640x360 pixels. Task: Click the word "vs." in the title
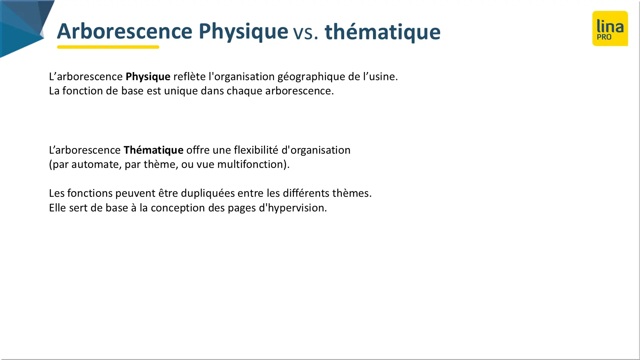(x=306, y=32)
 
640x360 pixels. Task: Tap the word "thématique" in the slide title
(x=382, y=32)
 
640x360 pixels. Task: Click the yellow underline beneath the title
(x=108, y=47)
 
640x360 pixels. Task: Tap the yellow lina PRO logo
(x=610, y=28)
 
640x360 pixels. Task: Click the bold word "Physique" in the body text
(x=148, y=77)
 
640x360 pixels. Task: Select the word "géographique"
(x=311, y=77)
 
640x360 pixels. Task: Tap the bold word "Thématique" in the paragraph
(x=153, y=150)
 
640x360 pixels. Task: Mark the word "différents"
(x=306, y=193)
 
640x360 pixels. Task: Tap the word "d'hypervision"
(x=292, y=208)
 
